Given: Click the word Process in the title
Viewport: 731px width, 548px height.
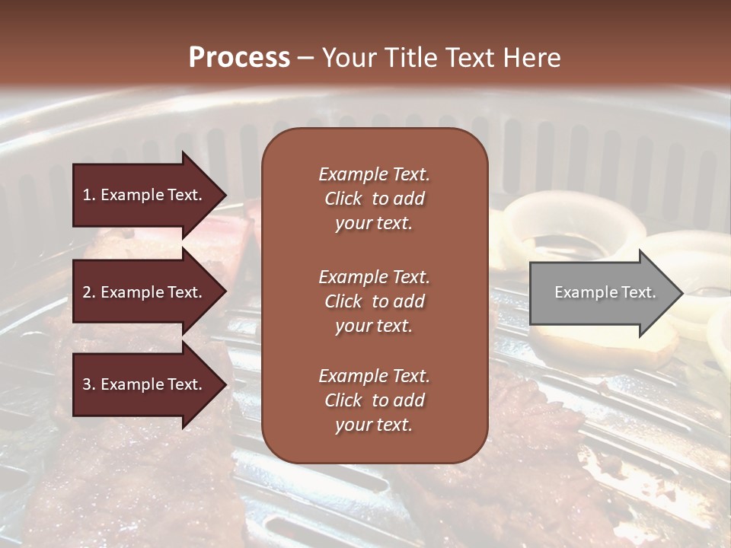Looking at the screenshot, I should pyautogui.click(x=239, y=58).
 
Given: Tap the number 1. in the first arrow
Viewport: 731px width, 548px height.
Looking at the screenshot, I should pyautogui.click(x=88, y=195).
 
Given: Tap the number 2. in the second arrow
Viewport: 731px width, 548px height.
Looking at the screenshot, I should pyautogui.click(x=88, y=292).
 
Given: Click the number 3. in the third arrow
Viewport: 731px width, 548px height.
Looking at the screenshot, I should pyautogui.click(x=88, y=385).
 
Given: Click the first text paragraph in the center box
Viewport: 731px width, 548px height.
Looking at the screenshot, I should pyautogui.click(x=374, y=199).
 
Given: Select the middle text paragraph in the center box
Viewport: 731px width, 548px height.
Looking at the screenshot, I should pyautogui.click(x=374, y=301).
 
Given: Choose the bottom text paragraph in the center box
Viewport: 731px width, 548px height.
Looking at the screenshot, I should pyautogui.click(x=374, y=400).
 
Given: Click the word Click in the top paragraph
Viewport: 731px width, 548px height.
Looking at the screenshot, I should pyautogui.click(x=343, y=199).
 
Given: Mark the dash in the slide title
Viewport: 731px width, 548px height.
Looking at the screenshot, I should pyautogui.click(x=305, y=58).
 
